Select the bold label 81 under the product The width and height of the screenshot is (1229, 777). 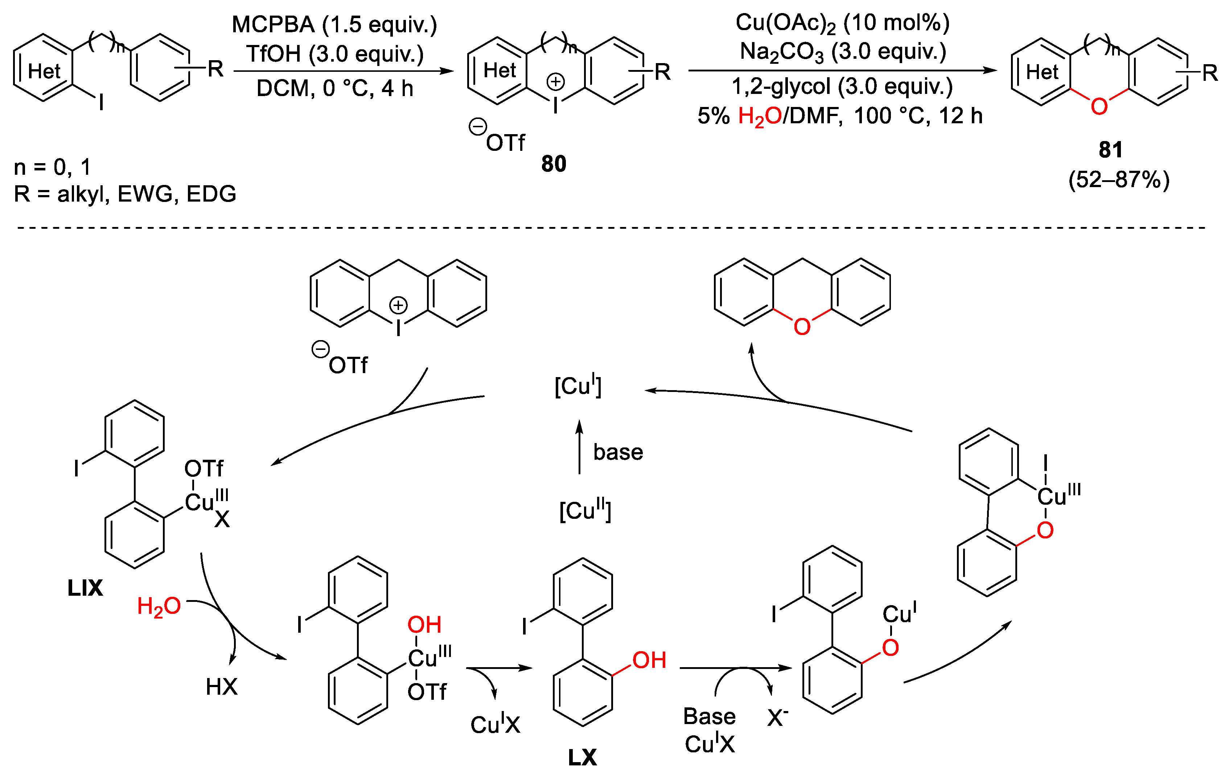(1111, 149)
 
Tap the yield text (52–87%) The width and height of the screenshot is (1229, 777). (1119, 179)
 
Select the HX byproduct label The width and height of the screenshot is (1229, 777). (222, 687)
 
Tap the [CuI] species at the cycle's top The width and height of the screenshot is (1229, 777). (578, 386)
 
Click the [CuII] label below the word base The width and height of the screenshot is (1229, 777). (585, 511)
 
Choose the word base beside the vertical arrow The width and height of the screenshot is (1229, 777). (618, 452)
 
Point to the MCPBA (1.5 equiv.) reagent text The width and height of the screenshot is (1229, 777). (334, 25)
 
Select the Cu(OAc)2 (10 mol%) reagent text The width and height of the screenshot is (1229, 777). (842, 23)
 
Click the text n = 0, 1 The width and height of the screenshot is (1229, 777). (52, 167)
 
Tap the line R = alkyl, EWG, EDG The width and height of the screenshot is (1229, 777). (125, 194)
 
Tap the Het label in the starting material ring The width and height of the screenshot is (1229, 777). (44, 71)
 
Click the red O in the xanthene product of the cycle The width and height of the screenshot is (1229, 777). (802, 327)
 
